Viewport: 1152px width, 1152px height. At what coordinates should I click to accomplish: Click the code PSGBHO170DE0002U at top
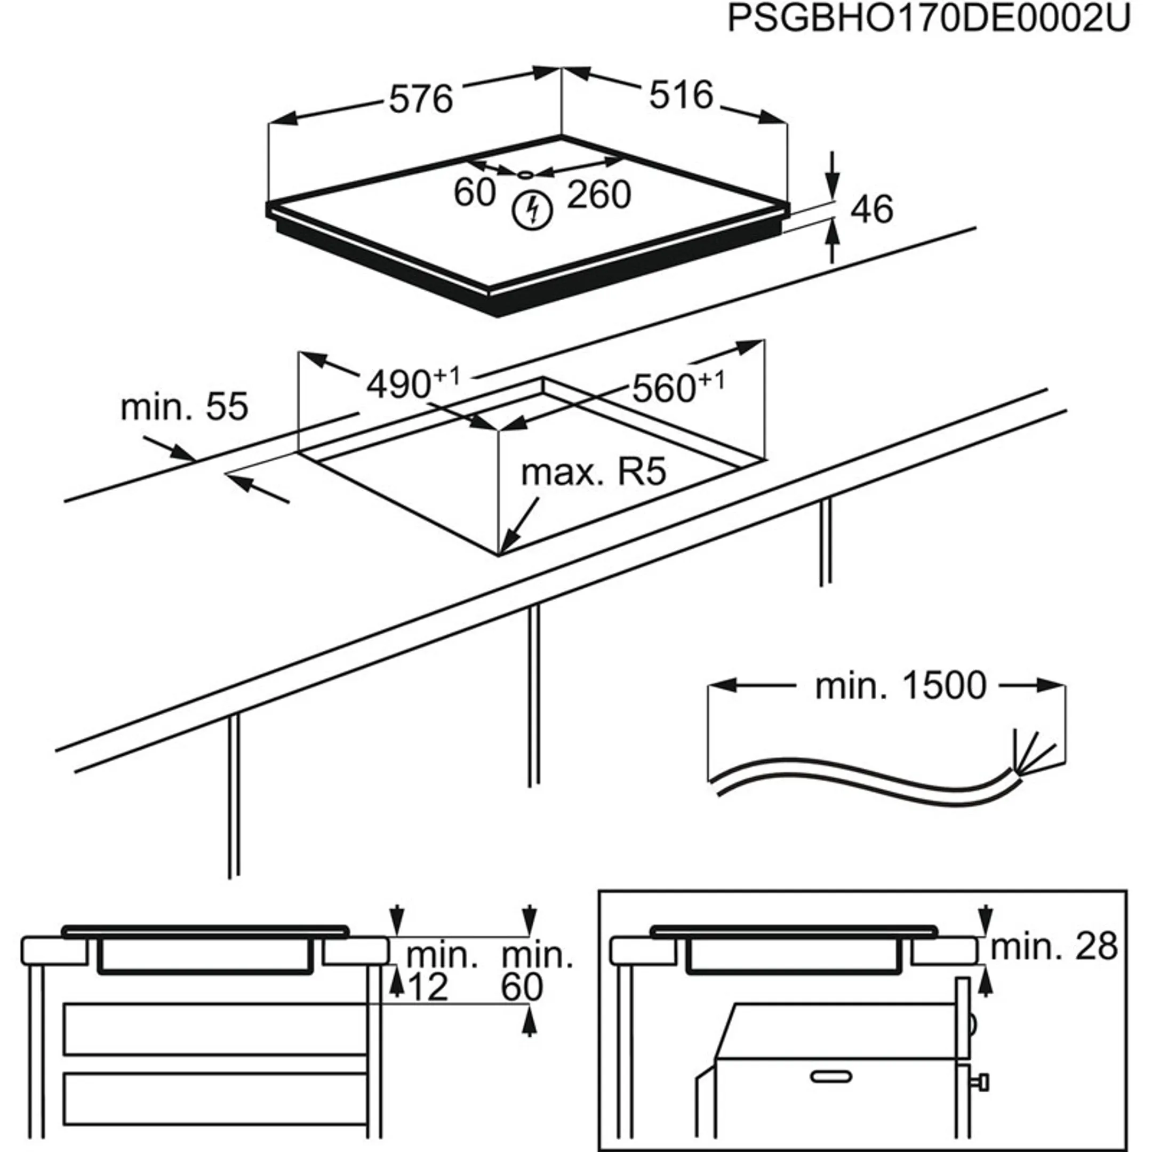pyautogui.click(x=929, y=19)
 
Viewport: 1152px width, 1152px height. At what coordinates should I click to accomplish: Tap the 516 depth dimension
pyautogui.click(x=681, y=95)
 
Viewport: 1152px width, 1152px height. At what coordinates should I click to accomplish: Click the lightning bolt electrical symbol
pyautogui.click(x=532, y=211)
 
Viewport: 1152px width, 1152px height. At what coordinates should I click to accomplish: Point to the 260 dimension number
pyautogui.click(x=598, y=195)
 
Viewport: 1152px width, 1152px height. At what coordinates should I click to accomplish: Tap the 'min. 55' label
pyautogui.click(x=183, y=408)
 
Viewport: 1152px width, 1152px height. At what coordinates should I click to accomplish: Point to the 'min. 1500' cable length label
pyautogui.click(x=900, y=686)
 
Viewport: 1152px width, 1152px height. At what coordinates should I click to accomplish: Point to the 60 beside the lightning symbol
pyautogui.click(x=474, y=193)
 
